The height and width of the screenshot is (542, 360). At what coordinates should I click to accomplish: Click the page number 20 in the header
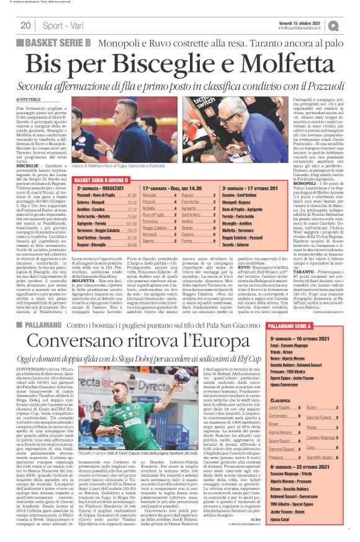click(x=25, y=25)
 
